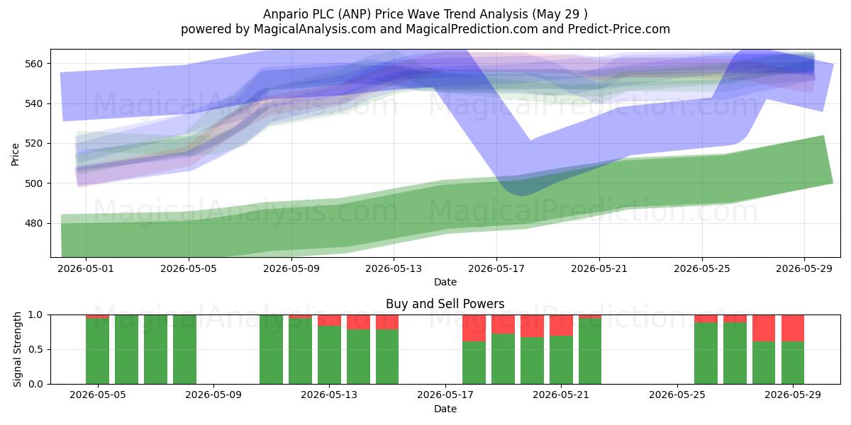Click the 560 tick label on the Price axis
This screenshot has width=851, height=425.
tap(33, 64)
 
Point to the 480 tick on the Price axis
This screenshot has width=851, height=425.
tap(33, 224)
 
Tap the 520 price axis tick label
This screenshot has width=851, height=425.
tap(33, 144)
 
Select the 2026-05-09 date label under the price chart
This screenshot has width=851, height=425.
tap(291, 268)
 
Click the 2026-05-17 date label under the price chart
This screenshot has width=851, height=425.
tap(496, 268)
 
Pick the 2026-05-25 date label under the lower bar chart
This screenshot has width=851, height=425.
tap(677, 395)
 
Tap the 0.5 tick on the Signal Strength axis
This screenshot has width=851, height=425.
tap(35, 349)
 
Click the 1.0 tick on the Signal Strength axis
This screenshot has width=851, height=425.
tap(35, 315)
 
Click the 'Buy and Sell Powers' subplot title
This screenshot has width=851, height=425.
tap(445, 304)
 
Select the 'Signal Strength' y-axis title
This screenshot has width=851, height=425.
tap(17, 349)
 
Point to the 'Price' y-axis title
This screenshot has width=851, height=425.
tap(15, 154)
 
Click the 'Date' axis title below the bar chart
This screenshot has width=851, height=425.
tap(445, 409)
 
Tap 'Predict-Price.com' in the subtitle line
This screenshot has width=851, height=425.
tap(619, 29)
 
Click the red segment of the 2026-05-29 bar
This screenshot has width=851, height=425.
tap(793, 328)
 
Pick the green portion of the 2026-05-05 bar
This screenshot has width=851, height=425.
tap(97, 351)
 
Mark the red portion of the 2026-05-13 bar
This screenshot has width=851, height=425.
tap(329, 320)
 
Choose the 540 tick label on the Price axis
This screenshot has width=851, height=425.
tap(33, 104)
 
